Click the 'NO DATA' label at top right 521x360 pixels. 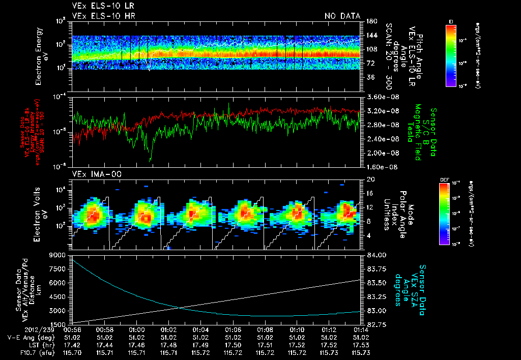pyautogui.click(x=342, y=16)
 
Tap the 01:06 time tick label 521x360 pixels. pyautogui.click(x=233, y=329)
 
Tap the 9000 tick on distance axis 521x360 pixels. pyautogui.click(x=58, y=255)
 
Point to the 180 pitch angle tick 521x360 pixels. pyautogui.click(x=371, y=21)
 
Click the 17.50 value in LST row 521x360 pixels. pyautogui.click(x=233, y=344)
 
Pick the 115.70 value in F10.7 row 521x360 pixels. pyautogui.click(x=72, y=352)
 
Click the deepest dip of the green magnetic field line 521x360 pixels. pyautogui.click(x=150, y=161)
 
